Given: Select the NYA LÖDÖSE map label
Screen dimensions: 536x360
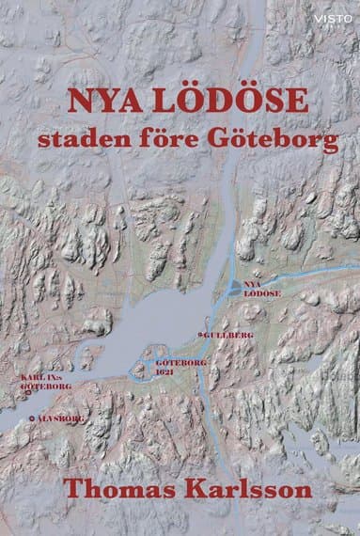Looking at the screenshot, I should tap(257, 287).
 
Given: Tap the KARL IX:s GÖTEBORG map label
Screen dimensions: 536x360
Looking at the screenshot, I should tap(39, 381).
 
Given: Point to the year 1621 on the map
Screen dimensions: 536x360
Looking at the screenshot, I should tap(165, 371).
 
